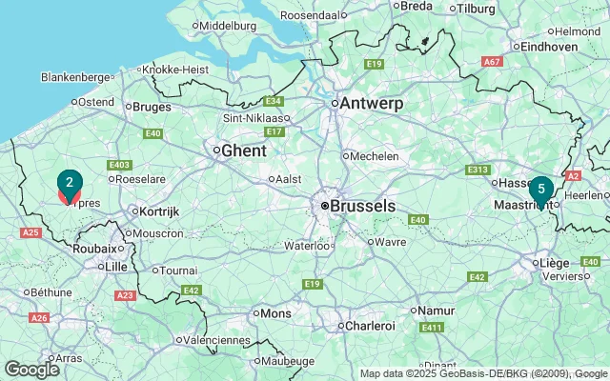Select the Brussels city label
pos(362,205)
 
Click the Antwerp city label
pos(372,103)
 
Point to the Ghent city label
pos(243,150)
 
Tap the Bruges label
pos(152,107)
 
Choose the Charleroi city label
pos(370,326)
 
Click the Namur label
pos(435,310)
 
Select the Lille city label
pos(116,267)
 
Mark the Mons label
pos(276,312)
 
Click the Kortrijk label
pos(158,211)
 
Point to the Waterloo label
pos(306,246)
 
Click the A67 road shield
pos(492,62)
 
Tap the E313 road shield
pos(478,170)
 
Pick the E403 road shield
pos(119,165)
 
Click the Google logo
pos(31,369)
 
